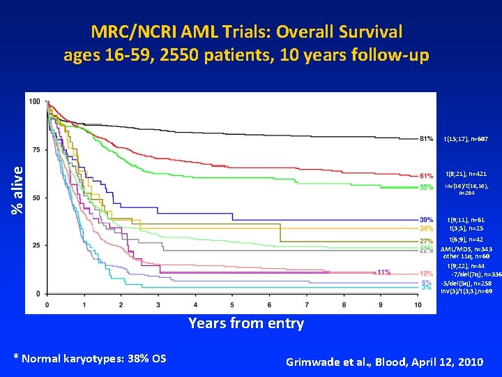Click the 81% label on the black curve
[x=426, y=138]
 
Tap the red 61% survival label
[x=426, y=175]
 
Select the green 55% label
[x=426, y=187]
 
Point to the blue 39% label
[x=426, y=220]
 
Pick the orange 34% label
[x=426, y=228]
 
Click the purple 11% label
[x=383, y=272]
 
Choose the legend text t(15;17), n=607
[x=466, y=139]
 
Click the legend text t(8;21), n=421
[x=467, y=173]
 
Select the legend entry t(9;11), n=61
[x=467, y=220]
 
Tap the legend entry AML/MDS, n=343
[x=466, y=249]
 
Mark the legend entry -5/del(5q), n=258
[x=466, y=283]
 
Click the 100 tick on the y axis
[x=34, y=102]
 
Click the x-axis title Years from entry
[x=246, y=323]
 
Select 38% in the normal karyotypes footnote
[x=132, y=358]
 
